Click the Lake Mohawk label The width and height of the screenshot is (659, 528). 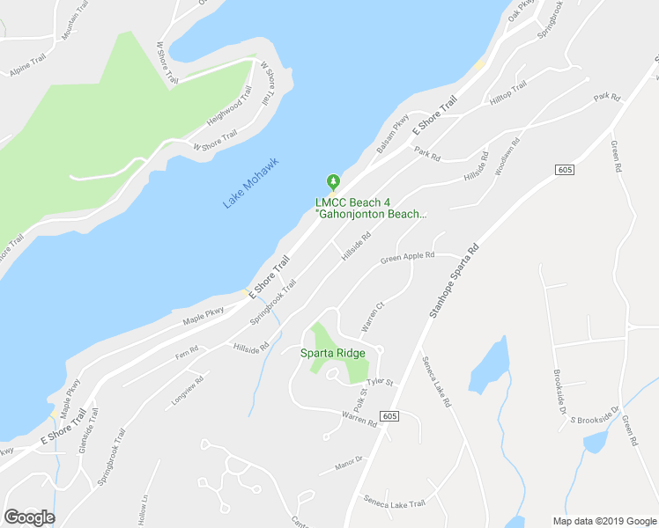(x=251, y=182)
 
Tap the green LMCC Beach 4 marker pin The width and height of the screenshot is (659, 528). (x=333, y=182)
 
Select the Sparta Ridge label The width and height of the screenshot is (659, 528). (x=334, y=353)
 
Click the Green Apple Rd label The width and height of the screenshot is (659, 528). (x=407, y=258)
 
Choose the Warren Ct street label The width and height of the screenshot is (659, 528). (x=374, y=317)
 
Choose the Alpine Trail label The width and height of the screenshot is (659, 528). (x=27, y=68)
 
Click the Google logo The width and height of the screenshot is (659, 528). (x=29, y=517)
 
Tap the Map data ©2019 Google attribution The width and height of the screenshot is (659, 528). (x=603, y=520)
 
